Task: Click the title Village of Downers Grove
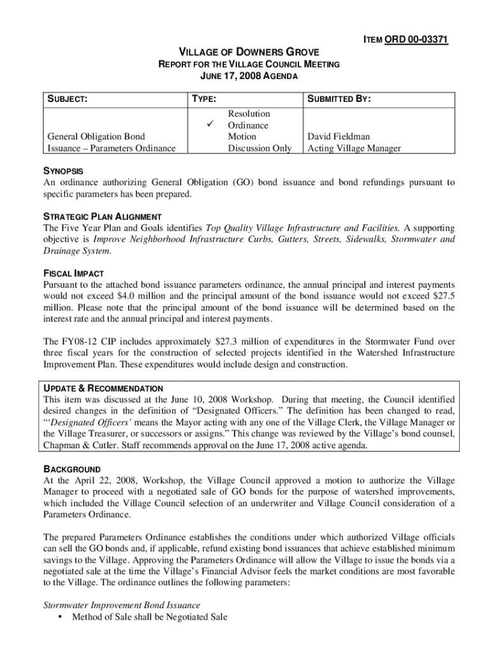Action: click(248, 52)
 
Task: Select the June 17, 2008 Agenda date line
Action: click(249, 76)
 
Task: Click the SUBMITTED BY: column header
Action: click(339, 99)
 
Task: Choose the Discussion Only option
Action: click(260, 148)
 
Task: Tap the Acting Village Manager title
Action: click(354, 148)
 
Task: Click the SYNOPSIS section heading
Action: click(62, 172)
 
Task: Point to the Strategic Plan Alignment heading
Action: click(102, 216)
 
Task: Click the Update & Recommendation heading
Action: click(103, 388)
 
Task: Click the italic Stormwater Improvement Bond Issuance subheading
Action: click(121, 605)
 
